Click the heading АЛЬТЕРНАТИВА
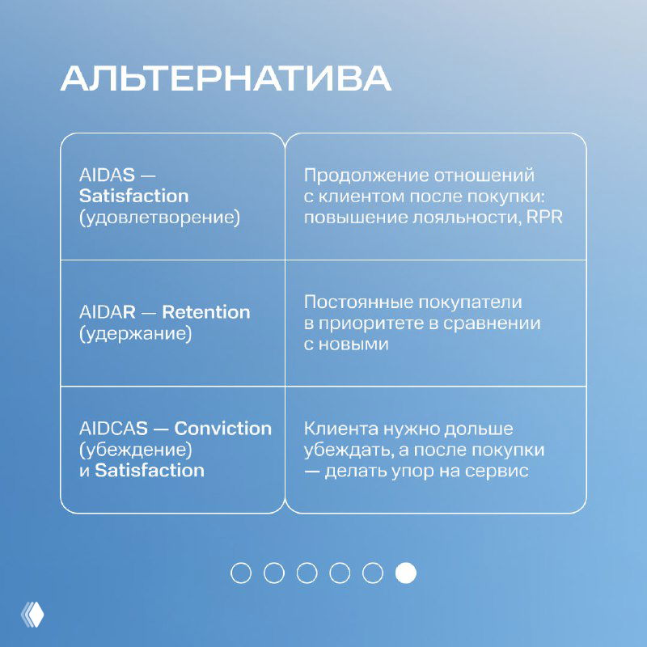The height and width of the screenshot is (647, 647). (x=226, y=79)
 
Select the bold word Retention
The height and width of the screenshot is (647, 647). (x=206, y=312)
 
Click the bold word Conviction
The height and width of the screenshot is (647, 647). (x=223, y=429)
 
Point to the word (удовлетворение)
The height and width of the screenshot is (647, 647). (x=159, y=218)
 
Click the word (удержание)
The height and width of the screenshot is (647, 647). (x=135, y=334)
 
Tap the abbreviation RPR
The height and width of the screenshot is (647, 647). (x=546, y=218)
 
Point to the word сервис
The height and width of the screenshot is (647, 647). (x=500, y=472)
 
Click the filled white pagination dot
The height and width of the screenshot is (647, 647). (x=405, y=573)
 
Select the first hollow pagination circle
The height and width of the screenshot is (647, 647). (x=241, y=573)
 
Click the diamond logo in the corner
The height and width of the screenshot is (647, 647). (x=32, y=615)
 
